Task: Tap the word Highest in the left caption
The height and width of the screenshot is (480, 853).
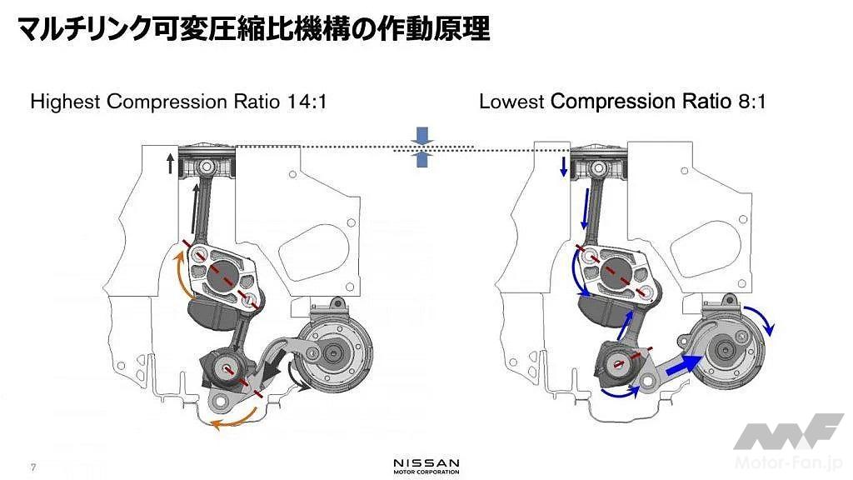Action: (65, 102)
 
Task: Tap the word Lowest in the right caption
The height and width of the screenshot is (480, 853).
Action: (511, 102)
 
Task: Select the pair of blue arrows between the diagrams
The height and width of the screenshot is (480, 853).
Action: (422, 147)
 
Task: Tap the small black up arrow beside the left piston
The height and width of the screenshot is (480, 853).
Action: (170, 164)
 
